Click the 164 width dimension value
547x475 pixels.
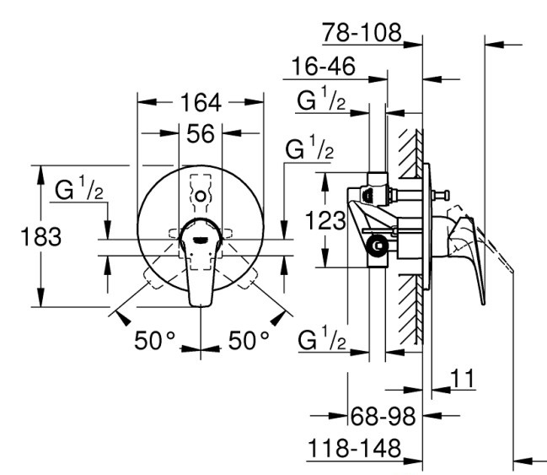pyautogui.click(x=201, y=103)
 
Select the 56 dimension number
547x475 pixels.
pyautogui.click(x=201, y=134)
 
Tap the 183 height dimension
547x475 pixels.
pyautogui.click(x=41, y=236)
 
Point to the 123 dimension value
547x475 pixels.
pyautogui.click(x=325, y=220)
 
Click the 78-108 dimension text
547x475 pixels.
pyautogui.click(x=362, y=32)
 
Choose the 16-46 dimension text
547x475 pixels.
pyautogui.click(x=324, y=66)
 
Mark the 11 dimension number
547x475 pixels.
pyautogui.click(x=463, y=378)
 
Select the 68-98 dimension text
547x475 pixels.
pyautogui.click(x=383, y=416)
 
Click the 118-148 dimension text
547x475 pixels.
pyautogui.click(x=355, y=448)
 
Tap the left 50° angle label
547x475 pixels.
pyautogui.click(x=154, y=341)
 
